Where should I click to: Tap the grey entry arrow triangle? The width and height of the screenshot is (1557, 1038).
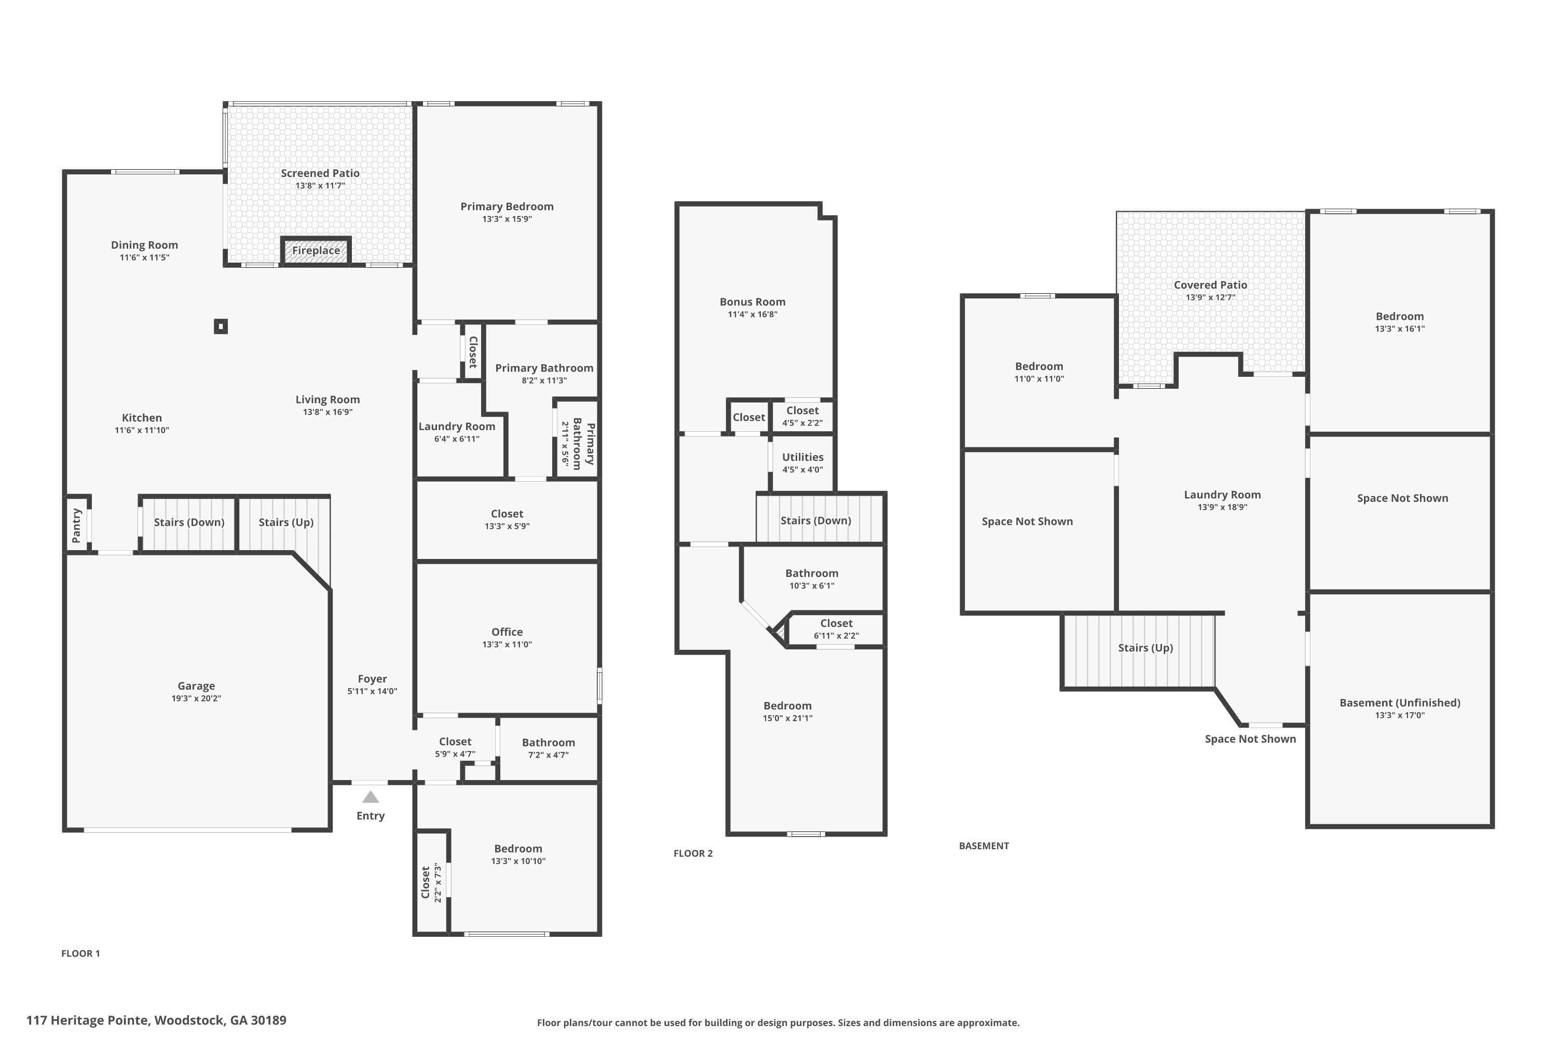tap(371, 797)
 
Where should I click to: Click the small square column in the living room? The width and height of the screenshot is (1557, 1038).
tap(221, 326)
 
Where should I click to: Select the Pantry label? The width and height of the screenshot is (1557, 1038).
tap(77, 525)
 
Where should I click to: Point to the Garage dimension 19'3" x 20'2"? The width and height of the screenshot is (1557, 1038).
tap(196, 699)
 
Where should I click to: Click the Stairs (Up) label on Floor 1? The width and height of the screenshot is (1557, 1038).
tap(286, 522)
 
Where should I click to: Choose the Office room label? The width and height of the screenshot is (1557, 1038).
tap(507, 632)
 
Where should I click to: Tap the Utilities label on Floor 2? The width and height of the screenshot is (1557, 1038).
tap(802, 457)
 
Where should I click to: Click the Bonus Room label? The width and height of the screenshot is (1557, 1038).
tap(753, 302)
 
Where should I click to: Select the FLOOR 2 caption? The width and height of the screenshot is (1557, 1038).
tap(693, 853)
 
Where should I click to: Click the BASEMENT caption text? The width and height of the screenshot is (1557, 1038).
tap(984, 846)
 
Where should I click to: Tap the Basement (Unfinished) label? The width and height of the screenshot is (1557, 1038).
tap(1399, 703)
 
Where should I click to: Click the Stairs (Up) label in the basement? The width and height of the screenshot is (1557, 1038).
tap(1145, 648)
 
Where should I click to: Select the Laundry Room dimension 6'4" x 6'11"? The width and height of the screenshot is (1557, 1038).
tap(457, 439)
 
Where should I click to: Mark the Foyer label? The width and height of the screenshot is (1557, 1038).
tap(372, 679)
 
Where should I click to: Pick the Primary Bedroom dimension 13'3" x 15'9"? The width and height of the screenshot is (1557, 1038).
tap(507, 219)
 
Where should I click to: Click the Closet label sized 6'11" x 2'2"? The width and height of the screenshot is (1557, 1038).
tap(836, 624)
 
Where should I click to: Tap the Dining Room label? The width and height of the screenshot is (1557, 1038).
tap(144, 245)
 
